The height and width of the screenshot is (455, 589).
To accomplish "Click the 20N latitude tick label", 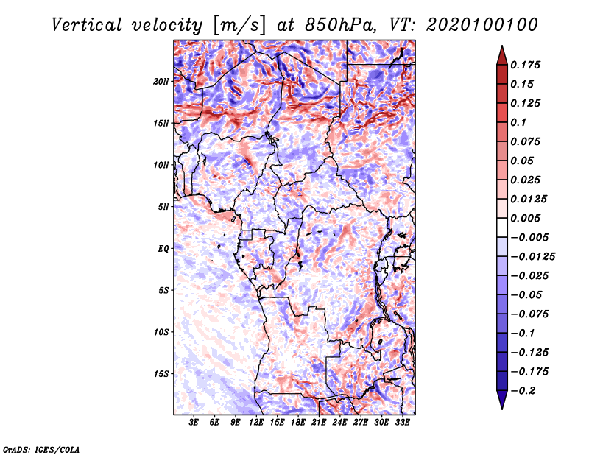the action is tap(161, 82).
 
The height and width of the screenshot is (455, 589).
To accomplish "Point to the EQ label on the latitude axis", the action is tap(163, 249).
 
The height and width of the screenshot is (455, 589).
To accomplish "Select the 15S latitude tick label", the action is tap(161, 374).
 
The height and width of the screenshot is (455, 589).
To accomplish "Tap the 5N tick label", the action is tap(163, 207).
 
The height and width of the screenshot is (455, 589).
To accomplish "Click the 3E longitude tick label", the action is tap(194, 423).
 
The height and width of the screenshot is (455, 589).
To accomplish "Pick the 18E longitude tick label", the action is tap(298, 423).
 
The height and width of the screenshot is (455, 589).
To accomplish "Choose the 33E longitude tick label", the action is tap(402, 423).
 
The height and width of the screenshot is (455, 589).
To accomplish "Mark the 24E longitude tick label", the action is tap(339, 423).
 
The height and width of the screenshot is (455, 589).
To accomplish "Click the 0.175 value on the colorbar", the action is tap(525, 65).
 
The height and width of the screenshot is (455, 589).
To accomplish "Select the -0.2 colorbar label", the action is tap(523, 391).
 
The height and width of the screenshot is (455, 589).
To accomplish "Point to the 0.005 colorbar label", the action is tap(525, 218).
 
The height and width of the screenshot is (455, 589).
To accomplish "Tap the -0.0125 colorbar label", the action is tap(532, 257).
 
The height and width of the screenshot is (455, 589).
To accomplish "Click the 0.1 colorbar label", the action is tap(518, 122).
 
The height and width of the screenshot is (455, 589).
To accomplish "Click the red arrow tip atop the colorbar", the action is tap(502, 46).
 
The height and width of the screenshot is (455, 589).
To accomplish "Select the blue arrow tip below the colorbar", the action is tap(502, 409).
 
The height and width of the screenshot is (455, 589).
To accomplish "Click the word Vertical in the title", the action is tap(87, 25).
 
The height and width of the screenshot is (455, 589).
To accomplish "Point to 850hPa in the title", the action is tap(340, 25).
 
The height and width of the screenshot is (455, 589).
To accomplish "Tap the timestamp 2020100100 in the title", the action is tap(482, 25).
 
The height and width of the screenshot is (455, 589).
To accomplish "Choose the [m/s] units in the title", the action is tap(239, 26).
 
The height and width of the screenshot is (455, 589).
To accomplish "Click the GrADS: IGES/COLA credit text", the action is tap(41, 449).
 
